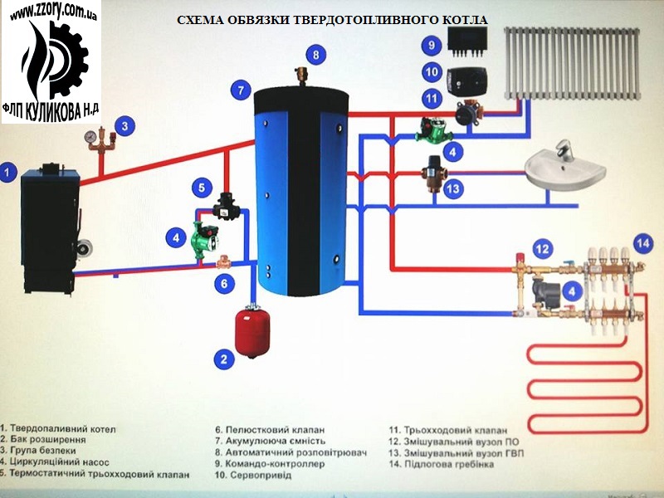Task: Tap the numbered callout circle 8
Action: click(x=316, y=55)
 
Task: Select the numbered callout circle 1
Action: click(x=8, y=173)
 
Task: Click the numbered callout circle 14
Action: click(x=643, y=242)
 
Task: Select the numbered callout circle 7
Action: click(x=240, y=90)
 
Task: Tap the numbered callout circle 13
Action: click(x=452, y=189)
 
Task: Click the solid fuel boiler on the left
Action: click(x=50, y=228)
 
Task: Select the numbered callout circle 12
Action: click(x=541, y=247)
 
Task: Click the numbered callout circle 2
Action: click(x=222, y=359)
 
